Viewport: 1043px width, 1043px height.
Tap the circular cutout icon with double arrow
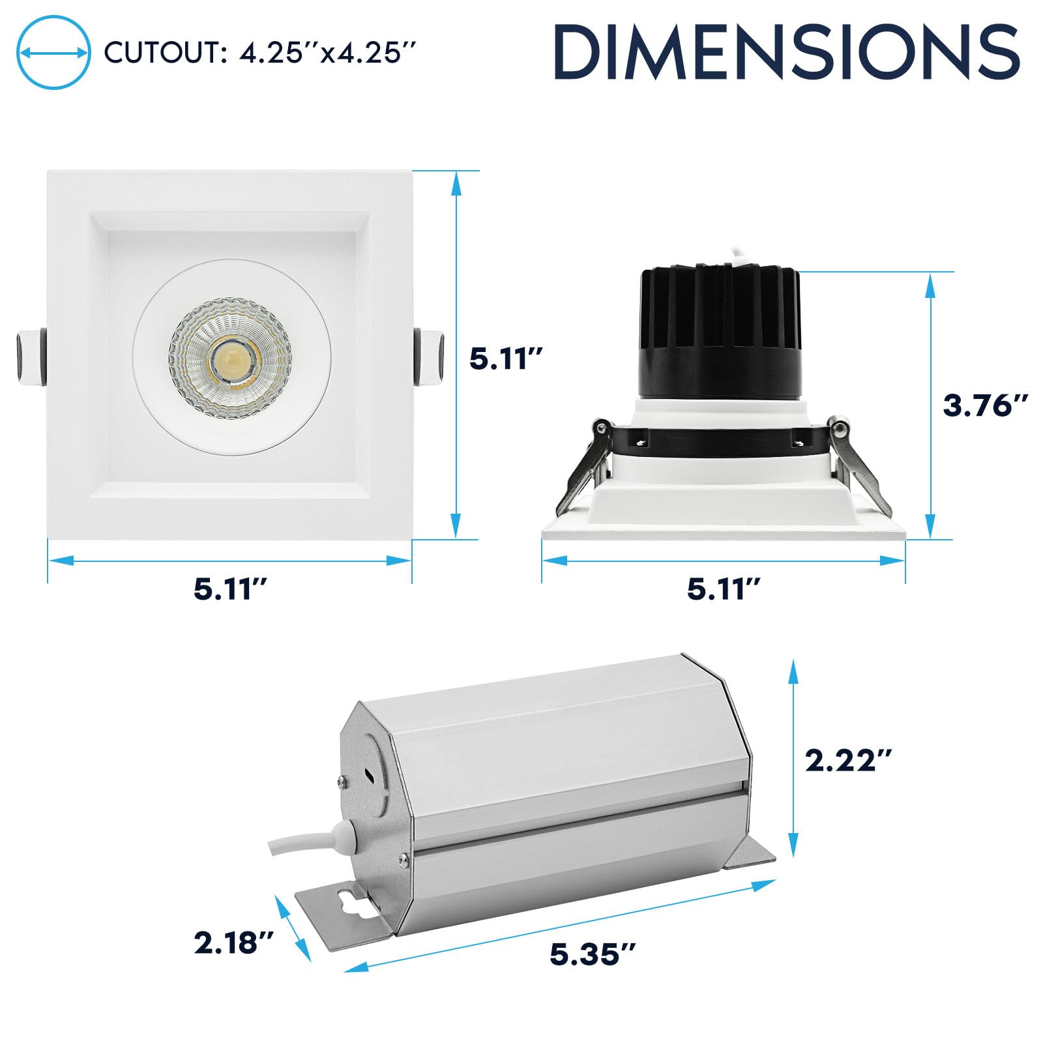(x=53, y=53)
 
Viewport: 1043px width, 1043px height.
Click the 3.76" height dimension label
(x=986, y=405)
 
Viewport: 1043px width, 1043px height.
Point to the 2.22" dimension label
(x=848, y=760)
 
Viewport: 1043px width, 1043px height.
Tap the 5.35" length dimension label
(x=593, y=954)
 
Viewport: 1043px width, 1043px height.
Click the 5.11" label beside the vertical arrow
(x=507, y=359)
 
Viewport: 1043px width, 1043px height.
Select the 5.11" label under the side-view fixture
(x=724, y=589)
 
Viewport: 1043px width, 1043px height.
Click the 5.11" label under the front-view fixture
(x=231, y=589)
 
